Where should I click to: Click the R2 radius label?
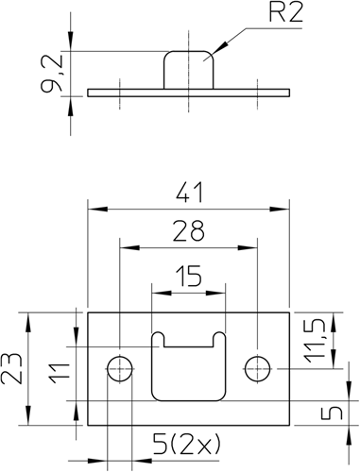(286, 13)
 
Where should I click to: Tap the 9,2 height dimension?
(52, 74)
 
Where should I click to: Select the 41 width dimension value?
(190, 193)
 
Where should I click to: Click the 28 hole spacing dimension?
(189, 231)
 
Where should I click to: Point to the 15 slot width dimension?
(189, 277)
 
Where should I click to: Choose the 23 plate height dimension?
(11, 369)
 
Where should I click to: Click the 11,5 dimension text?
(314, 341)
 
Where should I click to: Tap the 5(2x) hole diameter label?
(187, 445)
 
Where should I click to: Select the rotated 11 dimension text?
(60, 374)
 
